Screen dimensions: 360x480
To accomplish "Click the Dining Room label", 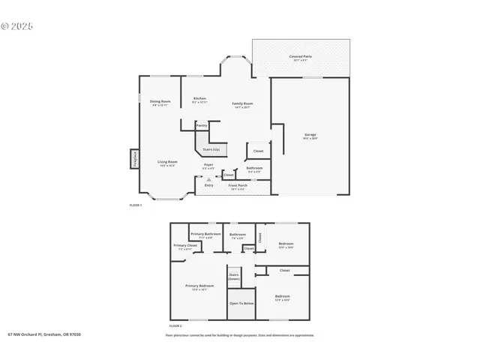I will (x=160, y=101).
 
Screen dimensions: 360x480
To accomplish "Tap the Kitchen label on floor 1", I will (x=199, y=99).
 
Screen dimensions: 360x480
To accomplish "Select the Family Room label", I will (x=241, y=103).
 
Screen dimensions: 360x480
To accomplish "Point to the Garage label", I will (x=310, y=135).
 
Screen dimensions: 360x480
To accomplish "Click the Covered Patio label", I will (x=302, y=56).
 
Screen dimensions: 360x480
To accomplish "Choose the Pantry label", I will (x=202, y=125).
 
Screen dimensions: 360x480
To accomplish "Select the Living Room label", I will (x=166, y=161).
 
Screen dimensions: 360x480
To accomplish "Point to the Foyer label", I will (x=208, y=164).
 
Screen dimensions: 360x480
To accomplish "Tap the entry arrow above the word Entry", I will (x=198, y=178).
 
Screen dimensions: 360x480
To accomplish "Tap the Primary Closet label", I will (x=185, y=245).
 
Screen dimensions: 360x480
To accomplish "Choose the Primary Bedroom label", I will (x=199, y=286).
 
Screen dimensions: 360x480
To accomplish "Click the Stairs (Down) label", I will (x=234, y=276).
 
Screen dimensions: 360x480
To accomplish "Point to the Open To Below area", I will (x=241, y=303).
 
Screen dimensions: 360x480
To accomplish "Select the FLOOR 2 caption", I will (x=175, y=326).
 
